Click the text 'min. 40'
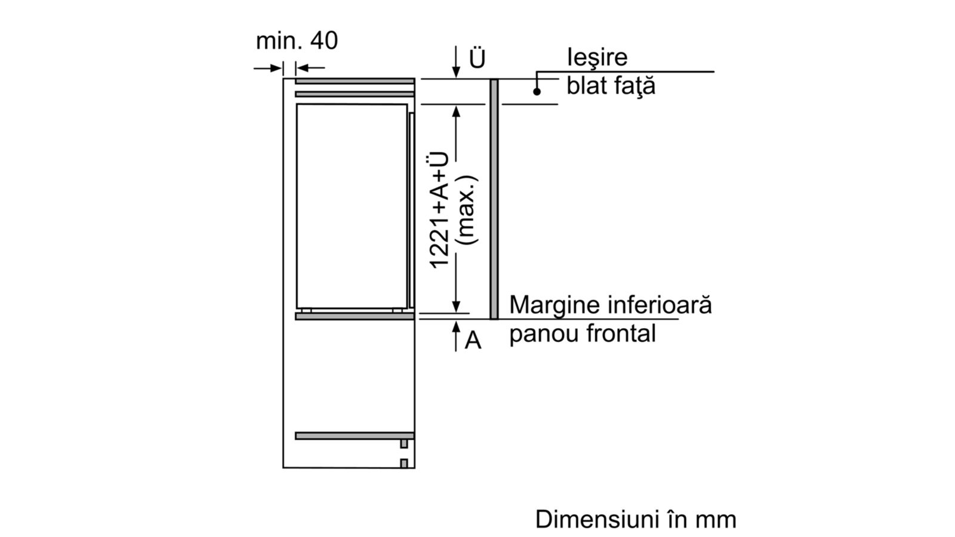pyautogui.click(x=297, y=41)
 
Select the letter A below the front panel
pyautogui.click(x=473, y=340)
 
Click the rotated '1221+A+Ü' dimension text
pyautogui.click(x=439, y=210)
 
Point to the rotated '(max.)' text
pyautogui.click(x=466, y=209)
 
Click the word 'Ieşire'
pyautogui.click(x=597, y=57)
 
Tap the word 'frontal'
pyautogui.click(x=621, y=332)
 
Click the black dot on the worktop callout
pyautogui.click(x=537, y=91)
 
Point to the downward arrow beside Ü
pyautogui.click(x=456, y=62)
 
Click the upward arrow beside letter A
pyautogui.click(x=456, y=336)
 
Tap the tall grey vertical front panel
pyautogui.click(x=494, y=199)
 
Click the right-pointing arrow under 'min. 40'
pyautogui.click(x=268, y=68)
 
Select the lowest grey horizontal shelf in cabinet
pyautogui.click(x=355, y=436)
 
